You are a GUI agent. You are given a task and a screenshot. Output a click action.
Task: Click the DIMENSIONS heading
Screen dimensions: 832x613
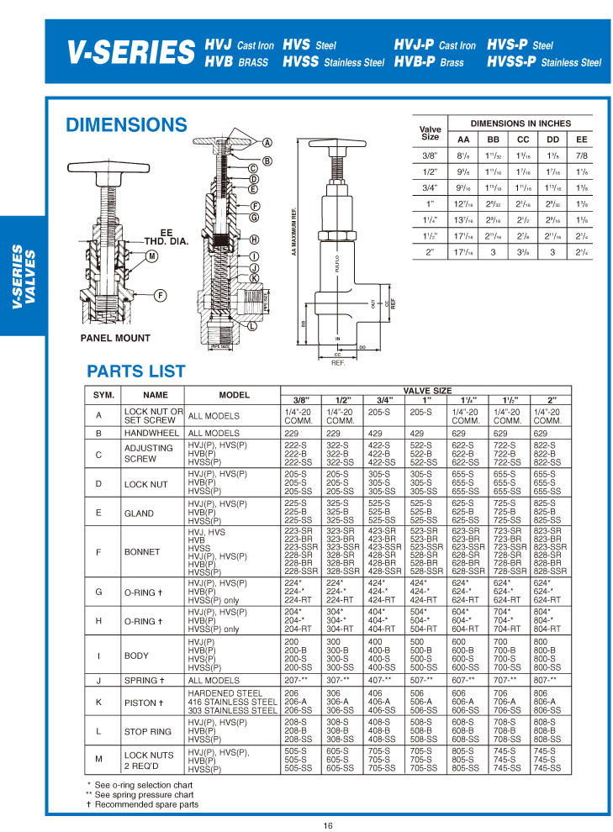pyautogui.click(x=126, y=125)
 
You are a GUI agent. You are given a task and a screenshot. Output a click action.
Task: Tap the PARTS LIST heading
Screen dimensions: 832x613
pyautogui.click(x=136, y=371)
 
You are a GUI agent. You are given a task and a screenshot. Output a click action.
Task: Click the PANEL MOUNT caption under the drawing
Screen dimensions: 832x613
pyautogui.click(x=115, y=338)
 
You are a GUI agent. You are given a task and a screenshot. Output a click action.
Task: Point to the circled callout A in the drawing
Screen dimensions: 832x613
pyautogui.click(x=267, y=142)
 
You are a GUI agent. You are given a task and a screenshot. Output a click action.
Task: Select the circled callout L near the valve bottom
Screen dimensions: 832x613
pyautogui.click(x=252, y=325)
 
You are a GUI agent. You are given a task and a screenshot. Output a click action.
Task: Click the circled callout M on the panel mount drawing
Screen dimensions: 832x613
pyautogui.click(x=152, y=255)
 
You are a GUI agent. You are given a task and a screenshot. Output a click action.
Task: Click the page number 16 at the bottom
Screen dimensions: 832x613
pyautogui.click(x=328, y=824)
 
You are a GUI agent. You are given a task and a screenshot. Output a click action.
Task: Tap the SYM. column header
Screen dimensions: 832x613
pyautogui.click(x=103, y=394)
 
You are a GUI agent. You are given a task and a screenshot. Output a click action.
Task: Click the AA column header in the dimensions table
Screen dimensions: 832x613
pyautogui.click(x=463, y=139)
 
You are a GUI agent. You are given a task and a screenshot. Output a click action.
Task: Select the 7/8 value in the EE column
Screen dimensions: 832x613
pyautogui.click(x=581, y=155)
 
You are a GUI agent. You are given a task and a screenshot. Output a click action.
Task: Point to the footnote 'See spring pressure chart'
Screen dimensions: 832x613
pyautogui.click(x=144, y=794)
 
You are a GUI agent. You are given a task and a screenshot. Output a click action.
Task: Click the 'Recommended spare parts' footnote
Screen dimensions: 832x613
pyautogui.click(x=146, y=804)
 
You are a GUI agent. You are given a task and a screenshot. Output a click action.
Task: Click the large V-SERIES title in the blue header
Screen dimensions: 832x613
pyautogui.click(x=130, y=54)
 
